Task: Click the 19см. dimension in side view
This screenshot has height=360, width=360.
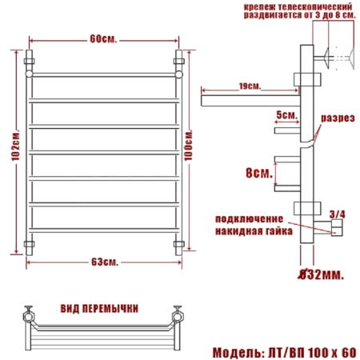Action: (x=250, y=86)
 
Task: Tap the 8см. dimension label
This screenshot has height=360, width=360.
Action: (x=258, y=171)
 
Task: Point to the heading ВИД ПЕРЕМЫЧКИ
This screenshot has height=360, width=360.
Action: (x=100, y=307)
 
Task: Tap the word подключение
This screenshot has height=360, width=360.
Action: (x=248, y=219)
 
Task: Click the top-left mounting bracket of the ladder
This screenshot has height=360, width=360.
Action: (x=30, y=62)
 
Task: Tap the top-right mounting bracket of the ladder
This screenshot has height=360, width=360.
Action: (x=181, y=62)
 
